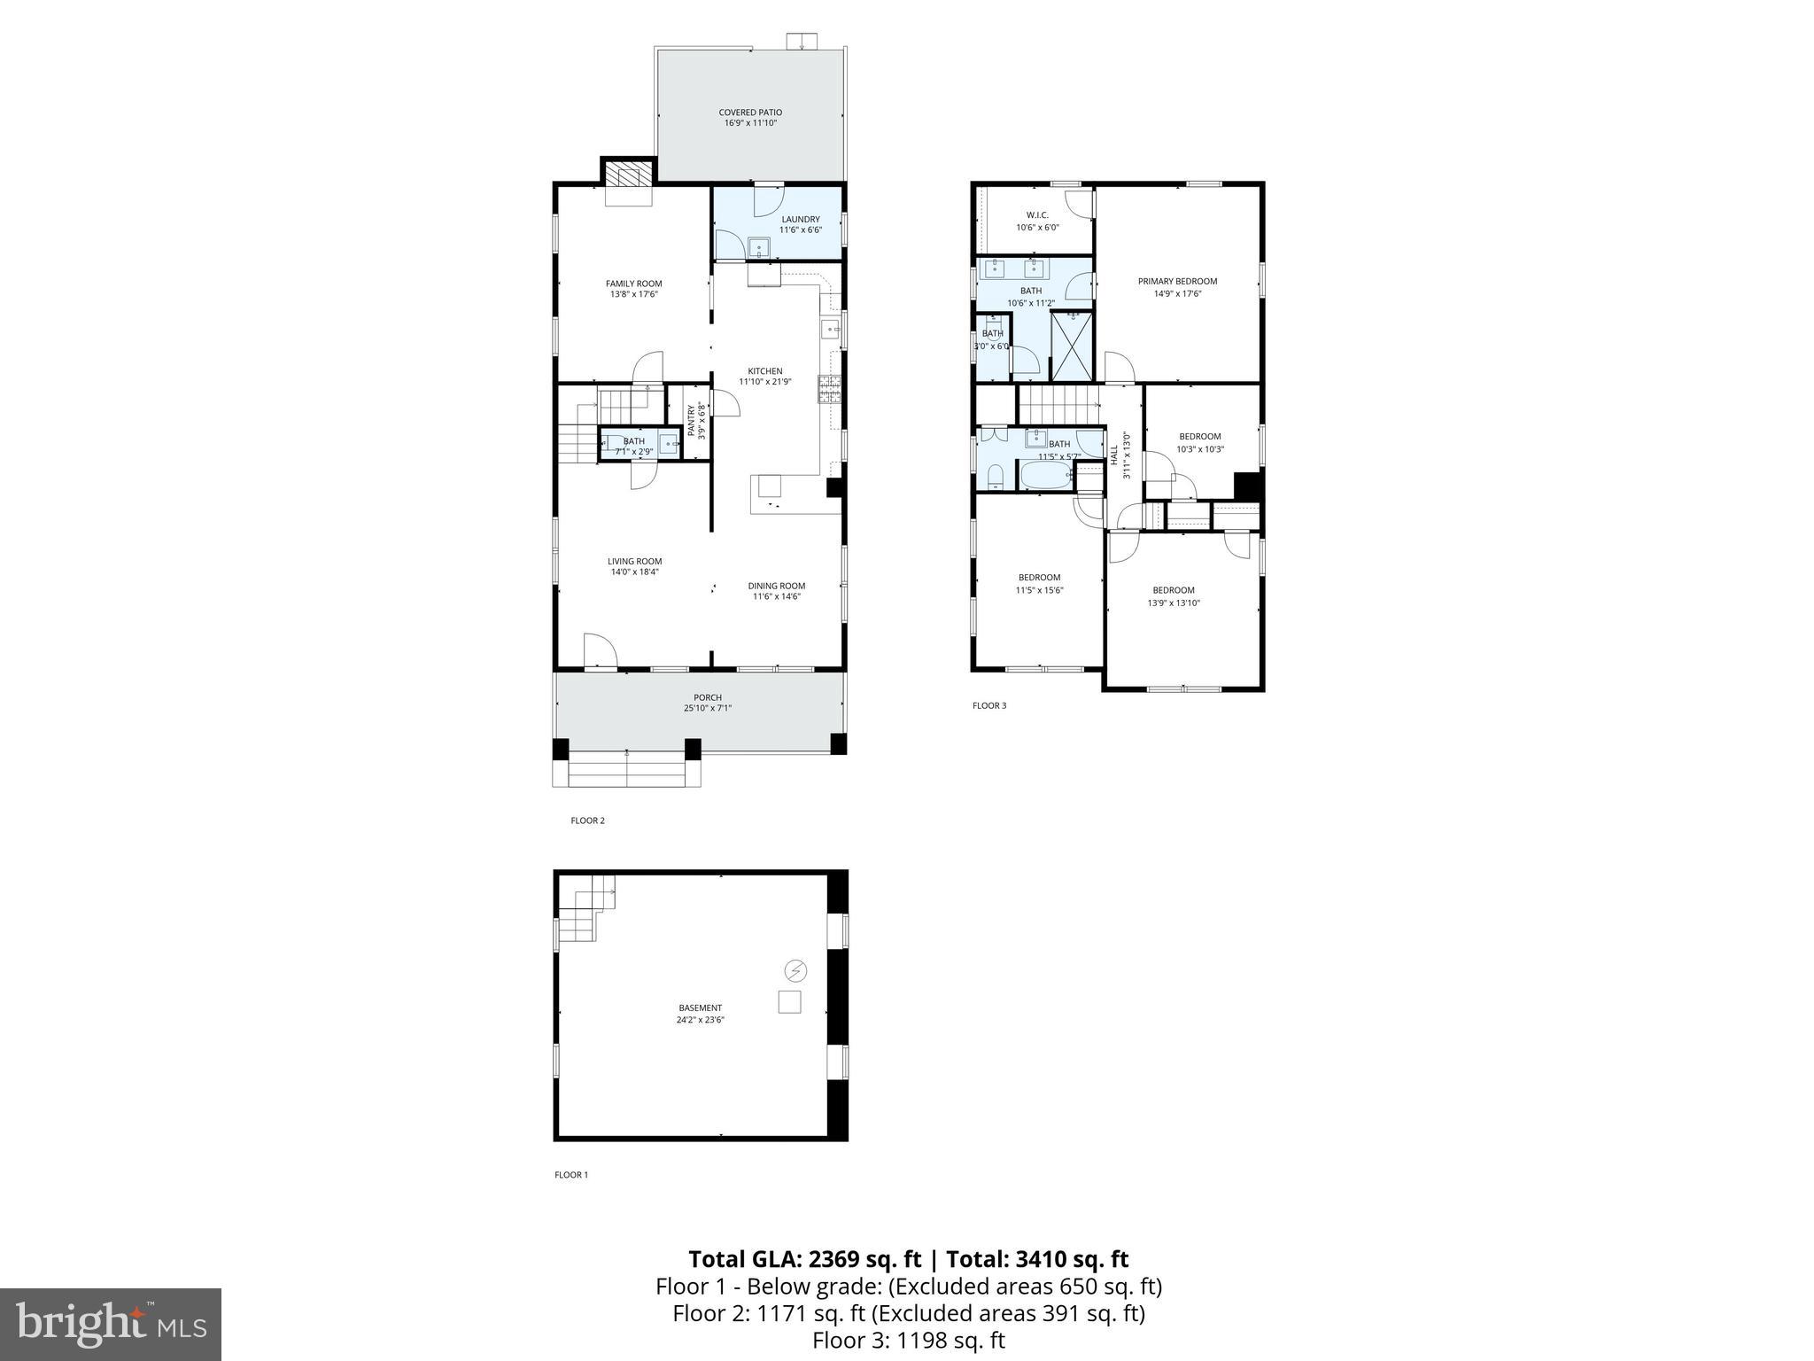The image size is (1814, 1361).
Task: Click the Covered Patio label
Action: click(749, 113)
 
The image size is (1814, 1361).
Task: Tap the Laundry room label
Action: click(800, 220)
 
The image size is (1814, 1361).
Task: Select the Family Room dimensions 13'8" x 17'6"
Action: click(633, 295)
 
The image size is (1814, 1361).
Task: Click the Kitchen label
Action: click(765, 371)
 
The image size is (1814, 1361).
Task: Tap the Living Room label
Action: click(634, 561)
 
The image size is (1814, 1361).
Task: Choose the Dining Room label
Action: click(776, 586)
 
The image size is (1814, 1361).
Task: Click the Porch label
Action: click(707, 697)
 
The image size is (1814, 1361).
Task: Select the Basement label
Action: click(700, 1007)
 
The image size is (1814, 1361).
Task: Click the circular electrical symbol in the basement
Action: click(795, 971)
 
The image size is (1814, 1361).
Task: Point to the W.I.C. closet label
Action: click(1037, 215)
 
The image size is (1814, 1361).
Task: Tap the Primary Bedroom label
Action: click(1177, 281)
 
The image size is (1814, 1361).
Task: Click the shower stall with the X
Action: click(1072, 346)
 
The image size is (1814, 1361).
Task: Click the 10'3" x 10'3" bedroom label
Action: click(1199, 449)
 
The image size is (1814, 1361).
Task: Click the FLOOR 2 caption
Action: click(587, 820)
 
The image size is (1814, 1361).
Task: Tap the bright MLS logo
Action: click(111, 1325)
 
